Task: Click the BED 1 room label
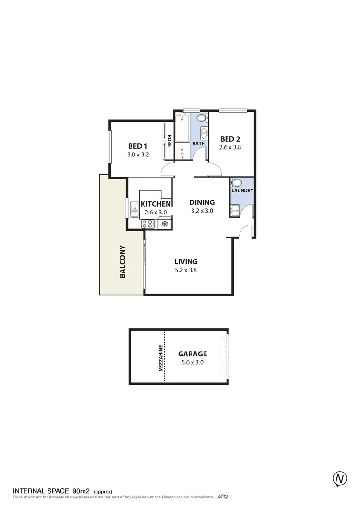(x=138, y=146)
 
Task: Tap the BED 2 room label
(x=230, y=139)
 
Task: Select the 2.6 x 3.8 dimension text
(x=230, y=148)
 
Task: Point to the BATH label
(x=199, y=143)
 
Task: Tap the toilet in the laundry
(x=236, y=182)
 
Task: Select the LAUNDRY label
(x=242, y=190)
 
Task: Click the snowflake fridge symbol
(x=164, y=224)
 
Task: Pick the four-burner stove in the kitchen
(x=147, y=224)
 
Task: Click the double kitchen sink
(x=134, y=209)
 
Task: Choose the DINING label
(x=202, y=202)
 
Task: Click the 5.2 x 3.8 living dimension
(x=186, y=270)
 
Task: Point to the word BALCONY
(x=123, y=262)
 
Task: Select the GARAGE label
(x=192, y=354)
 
